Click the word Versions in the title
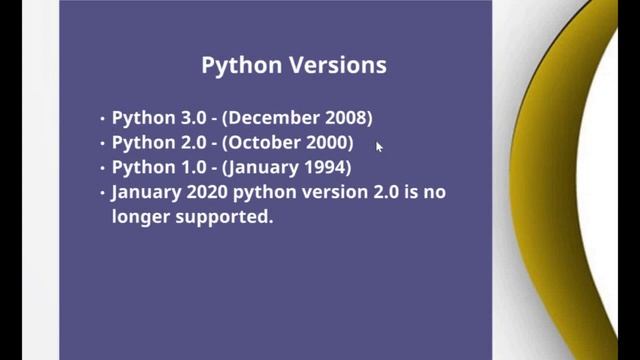(x=338, y=66)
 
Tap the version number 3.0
(x=188, y=118)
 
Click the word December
(x=274, y=118)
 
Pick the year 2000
(x=326, y=143)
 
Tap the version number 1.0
(x=188, y=167)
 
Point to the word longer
(x=142, y=216)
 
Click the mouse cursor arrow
(x=379, y=146)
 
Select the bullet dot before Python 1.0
(x=102, y=168)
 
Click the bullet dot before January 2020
(x=102, y=192)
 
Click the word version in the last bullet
(x=325, y=191)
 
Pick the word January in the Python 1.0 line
(x=265, y=167)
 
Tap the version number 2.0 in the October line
(x=188, y=143)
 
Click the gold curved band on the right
(x=545, y=180)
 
